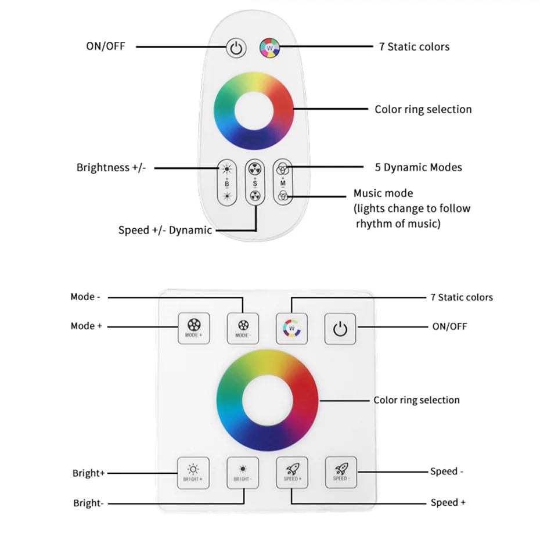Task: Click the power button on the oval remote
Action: coord(235,48)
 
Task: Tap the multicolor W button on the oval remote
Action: coord(269,47)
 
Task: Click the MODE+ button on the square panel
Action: coord(193,329)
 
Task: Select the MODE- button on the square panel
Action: coord(242,329)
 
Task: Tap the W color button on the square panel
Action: coord(291,329)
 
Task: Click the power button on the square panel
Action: coord(340,329)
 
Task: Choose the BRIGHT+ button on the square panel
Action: coord(193,472)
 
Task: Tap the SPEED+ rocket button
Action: coord(291,472)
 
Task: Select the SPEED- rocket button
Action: coord(340,472)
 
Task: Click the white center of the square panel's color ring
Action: coord(267,400)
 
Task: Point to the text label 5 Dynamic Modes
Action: coord(418,167)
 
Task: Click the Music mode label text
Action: coord(383,193)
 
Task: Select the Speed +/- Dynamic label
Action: coord(165,230)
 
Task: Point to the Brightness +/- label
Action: coord(111,168)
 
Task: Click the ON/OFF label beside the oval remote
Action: coord(105,46)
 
